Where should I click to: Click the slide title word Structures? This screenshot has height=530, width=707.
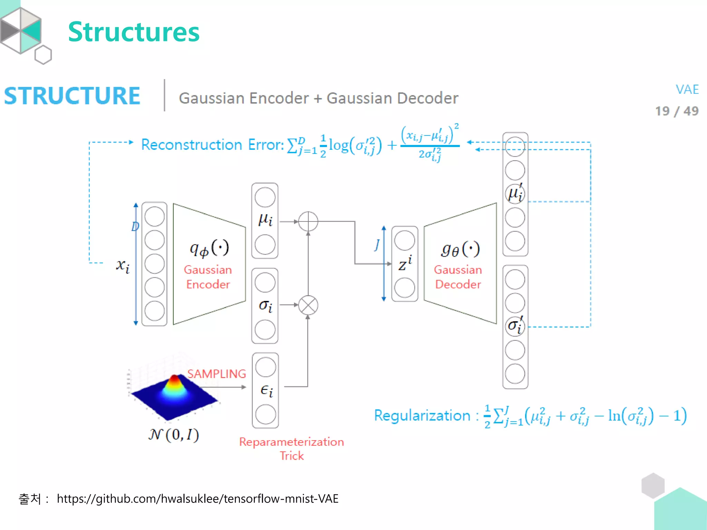coord(134,32)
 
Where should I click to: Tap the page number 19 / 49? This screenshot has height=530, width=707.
coord(677,111)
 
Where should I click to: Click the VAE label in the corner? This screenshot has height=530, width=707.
coord(687,90)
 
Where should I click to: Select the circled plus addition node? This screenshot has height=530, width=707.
coord(308,222)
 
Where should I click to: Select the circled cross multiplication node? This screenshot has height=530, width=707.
coord(308,305)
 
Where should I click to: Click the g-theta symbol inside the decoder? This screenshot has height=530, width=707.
coord(460,249)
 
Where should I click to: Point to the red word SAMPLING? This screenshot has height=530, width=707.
coord(216,374)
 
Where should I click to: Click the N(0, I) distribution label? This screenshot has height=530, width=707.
coord(174,435)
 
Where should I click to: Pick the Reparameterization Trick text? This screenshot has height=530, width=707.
coord(291,449)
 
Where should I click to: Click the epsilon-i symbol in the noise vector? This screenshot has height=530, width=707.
coord(266,391)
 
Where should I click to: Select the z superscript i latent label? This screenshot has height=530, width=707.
coord(405,264)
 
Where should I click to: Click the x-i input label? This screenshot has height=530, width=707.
coord(123,266)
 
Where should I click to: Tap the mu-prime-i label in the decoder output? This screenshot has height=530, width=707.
coord(515,193)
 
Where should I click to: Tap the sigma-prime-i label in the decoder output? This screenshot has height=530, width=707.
coord(515,325)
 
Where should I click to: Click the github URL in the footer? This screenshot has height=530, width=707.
coord(197,499)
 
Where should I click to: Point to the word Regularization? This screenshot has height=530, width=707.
coord(422,415)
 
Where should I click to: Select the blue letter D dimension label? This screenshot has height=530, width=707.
coord(135,227)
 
